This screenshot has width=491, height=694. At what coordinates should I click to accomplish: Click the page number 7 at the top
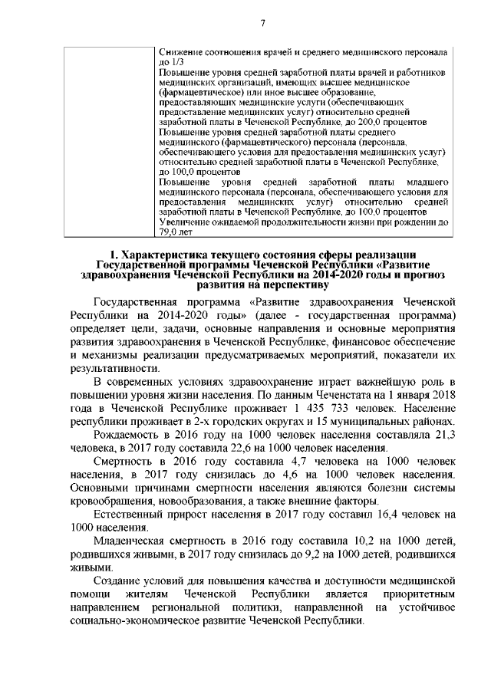pyautogui.click(x=262, y=22)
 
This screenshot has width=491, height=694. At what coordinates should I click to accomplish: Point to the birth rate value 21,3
pyautogui.click(x=444, y=434)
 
